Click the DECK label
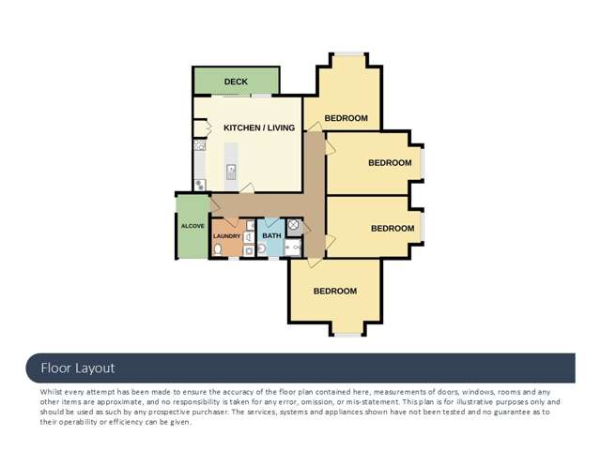(236, 82)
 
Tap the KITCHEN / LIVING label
(259, 127)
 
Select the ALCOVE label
(193, 226)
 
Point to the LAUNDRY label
(226, 236)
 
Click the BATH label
(271, 235)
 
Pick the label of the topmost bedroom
(347, 118)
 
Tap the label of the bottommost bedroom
(335, 292)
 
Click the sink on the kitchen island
(231, 172)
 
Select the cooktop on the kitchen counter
(199, 145)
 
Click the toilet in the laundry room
(218, 249)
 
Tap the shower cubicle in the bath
(293, 247)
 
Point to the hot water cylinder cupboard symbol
(293, 225)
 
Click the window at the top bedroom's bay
(348, 54)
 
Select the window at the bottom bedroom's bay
(348, 336)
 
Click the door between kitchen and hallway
(248, 187)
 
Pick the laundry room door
(231, 222)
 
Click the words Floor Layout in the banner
(78, 368)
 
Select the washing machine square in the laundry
(249, 251)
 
